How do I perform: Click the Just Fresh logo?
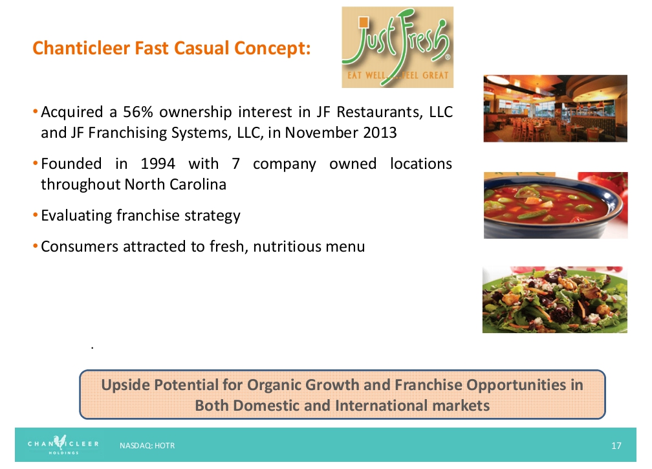click(x=398, y=47)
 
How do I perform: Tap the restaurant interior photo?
click(x=555, y=109)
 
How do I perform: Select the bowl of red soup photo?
click(x=556, y=206)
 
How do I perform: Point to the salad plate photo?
click(x=555, y=300)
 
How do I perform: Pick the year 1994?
click(x=158, y=164)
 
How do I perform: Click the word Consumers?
click(x=80, y=246)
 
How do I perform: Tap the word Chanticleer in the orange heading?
click(x=81, y=48)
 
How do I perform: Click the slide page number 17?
click(x=616, y=446)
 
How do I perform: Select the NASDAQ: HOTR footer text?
click(x=147, y=446)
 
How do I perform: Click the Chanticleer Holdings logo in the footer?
click(x=63, y=444)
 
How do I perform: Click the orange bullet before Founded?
click(x=36, y=164)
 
